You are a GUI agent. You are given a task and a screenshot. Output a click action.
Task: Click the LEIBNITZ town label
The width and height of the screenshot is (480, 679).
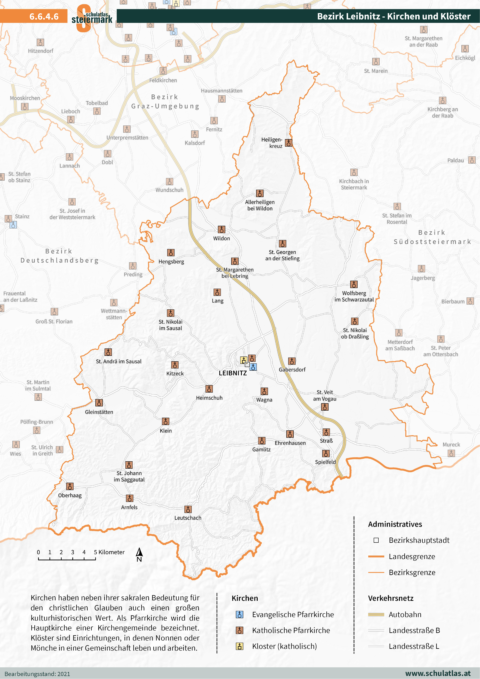[x=233, y=373]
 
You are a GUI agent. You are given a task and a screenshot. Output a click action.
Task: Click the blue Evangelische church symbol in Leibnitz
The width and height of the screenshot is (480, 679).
[x=253, y=367]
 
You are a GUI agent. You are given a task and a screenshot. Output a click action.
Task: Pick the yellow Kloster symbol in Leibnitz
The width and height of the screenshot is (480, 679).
[x=243, y=360]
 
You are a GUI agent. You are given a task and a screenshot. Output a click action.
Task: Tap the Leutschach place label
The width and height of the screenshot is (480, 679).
[x=188, y=518]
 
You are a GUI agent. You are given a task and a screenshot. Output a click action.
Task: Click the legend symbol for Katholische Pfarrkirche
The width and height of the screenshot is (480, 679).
[x=239, y=630]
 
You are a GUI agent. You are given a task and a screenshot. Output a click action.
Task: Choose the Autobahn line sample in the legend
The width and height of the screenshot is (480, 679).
[x=376, y=615]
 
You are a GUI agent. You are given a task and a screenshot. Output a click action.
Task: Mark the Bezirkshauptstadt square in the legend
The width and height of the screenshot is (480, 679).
[x=376, y=540]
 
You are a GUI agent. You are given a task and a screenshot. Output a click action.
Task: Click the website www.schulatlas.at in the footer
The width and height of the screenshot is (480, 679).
[x=437, y=673]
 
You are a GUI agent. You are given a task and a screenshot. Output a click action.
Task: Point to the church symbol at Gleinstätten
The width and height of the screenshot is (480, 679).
[x=99, y=403]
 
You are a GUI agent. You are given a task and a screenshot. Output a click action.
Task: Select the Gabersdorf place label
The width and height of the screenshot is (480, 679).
[x=292, y=369]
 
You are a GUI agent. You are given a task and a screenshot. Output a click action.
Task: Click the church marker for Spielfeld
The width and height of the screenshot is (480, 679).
[x=326, y=454]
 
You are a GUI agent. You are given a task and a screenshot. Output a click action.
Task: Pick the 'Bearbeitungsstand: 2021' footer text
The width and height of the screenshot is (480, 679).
[x=37, y=674]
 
